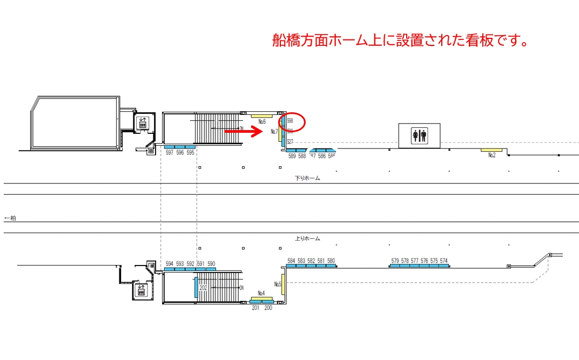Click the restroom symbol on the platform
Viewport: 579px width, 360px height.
click(419, 135)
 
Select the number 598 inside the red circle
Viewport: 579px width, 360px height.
click(290, 120)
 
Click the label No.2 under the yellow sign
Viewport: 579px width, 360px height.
click(492, 155)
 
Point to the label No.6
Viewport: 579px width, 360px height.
click(262, 121)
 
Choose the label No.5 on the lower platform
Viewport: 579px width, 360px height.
click(278, 284)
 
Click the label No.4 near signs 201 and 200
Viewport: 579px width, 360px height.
click(261, 293)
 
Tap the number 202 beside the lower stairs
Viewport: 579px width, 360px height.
click(203, 288)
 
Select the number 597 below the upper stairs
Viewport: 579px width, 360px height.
click(170, 153)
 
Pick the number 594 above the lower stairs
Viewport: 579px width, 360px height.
click(170, 264)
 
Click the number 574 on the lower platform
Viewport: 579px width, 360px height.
click(443, 261)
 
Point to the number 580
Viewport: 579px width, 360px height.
click(331, 261)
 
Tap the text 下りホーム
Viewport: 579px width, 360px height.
click(307, 178)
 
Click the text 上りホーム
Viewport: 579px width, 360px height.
click(307, 238)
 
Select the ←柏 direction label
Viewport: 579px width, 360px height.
click(10, 218)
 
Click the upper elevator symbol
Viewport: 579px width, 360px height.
click(143, 123)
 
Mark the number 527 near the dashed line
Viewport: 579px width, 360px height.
click(290, 141)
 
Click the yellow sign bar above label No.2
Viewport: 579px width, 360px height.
click(492, 150)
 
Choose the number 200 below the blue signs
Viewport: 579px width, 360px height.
click(268, 308)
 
